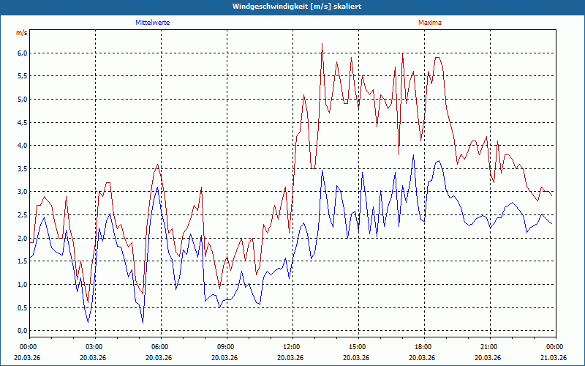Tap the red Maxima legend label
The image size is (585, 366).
pyautogui.click(x=429, y=23)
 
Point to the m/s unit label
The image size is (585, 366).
pyautogui.click(x=22, y=33)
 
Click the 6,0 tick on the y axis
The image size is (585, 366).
pyautogui.click(x=22, y=53)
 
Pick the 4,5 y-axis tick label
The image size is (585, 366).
pyautogui.click(x=22, y=122)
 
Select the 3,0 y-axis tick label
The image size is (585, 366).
pyautogui.click(x=22, y=192)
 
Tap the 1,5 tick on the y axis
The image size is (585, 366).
pyautogui.click(x=22, y=261)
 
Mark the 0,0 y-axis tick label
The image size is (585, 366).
pyautogui.click(x=22, y=331)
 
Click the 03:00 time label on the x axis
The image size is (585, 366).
pyautogui.click(x=94, y=346)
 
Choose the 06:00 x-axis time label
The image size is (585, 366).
pyautogui.click(x=160, y=346)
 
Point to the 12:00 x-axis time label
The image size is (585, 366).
pyautogui.click(x=292, y=346)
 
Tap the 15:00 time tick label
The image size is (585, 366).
pyautogui.click(x=358, y=346)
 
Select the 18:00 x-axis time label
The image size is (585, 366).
pyautogui.click(x=423, y=346)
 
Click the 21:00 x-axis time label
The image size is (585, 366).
pyautogui.click(x=489, y=346)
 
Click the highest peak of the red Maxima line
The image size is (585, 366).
pyautogui.click(x=322, y=44)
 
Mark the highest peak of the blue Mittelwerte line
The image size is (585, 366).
pyautogui.click(x=413, y=154)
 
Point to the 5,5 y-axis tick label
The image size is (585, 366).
pyautogui.click(x=22, y=76)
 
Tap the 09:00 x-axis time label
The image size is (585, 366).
pyautogui.click(x=226, y=346)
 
